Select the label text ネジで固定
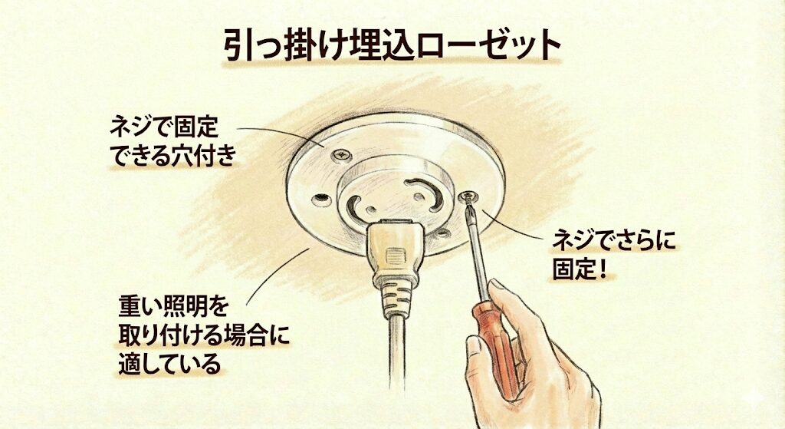(164, 128)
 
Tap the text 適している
(169, 363)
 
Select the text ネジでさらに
(614, 240)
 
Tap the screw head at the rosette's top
(341, 156)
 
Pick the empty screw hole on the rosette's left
(321, 200)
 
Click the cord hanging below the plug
(396, 353)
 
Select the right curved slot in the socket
(425, 190)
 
